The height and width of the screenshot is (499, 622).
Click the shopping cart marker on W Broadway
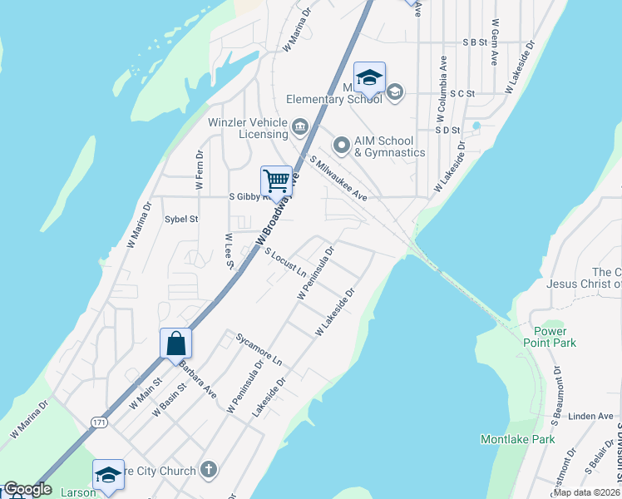pos(276,180)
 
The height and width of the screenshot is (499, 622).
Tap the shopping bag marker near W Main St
pos(175,343)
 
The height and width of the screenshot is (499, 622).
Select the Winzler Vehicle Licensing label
pos(247,127)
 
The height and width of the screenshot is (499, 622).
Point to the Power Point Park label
pos(550,336)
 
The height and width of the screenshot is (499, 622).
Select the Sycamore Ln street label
pos(259,351)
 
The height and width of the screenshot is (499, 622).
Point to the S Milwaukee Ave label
pos(338,178)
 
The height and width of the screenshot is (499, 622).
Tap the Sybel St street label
pos(181,220)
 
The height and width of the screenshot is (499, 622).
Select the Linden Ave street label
pos(592,416)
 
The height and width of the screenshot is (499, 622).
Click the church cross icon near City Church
pos(208,470)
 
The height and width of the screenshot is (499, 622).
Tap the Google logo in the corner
pos(27,490)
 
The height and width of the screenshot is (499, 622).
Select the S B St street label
pos(474,42)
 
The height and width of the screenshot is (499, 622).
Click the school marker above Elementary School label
pos(369,78)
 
